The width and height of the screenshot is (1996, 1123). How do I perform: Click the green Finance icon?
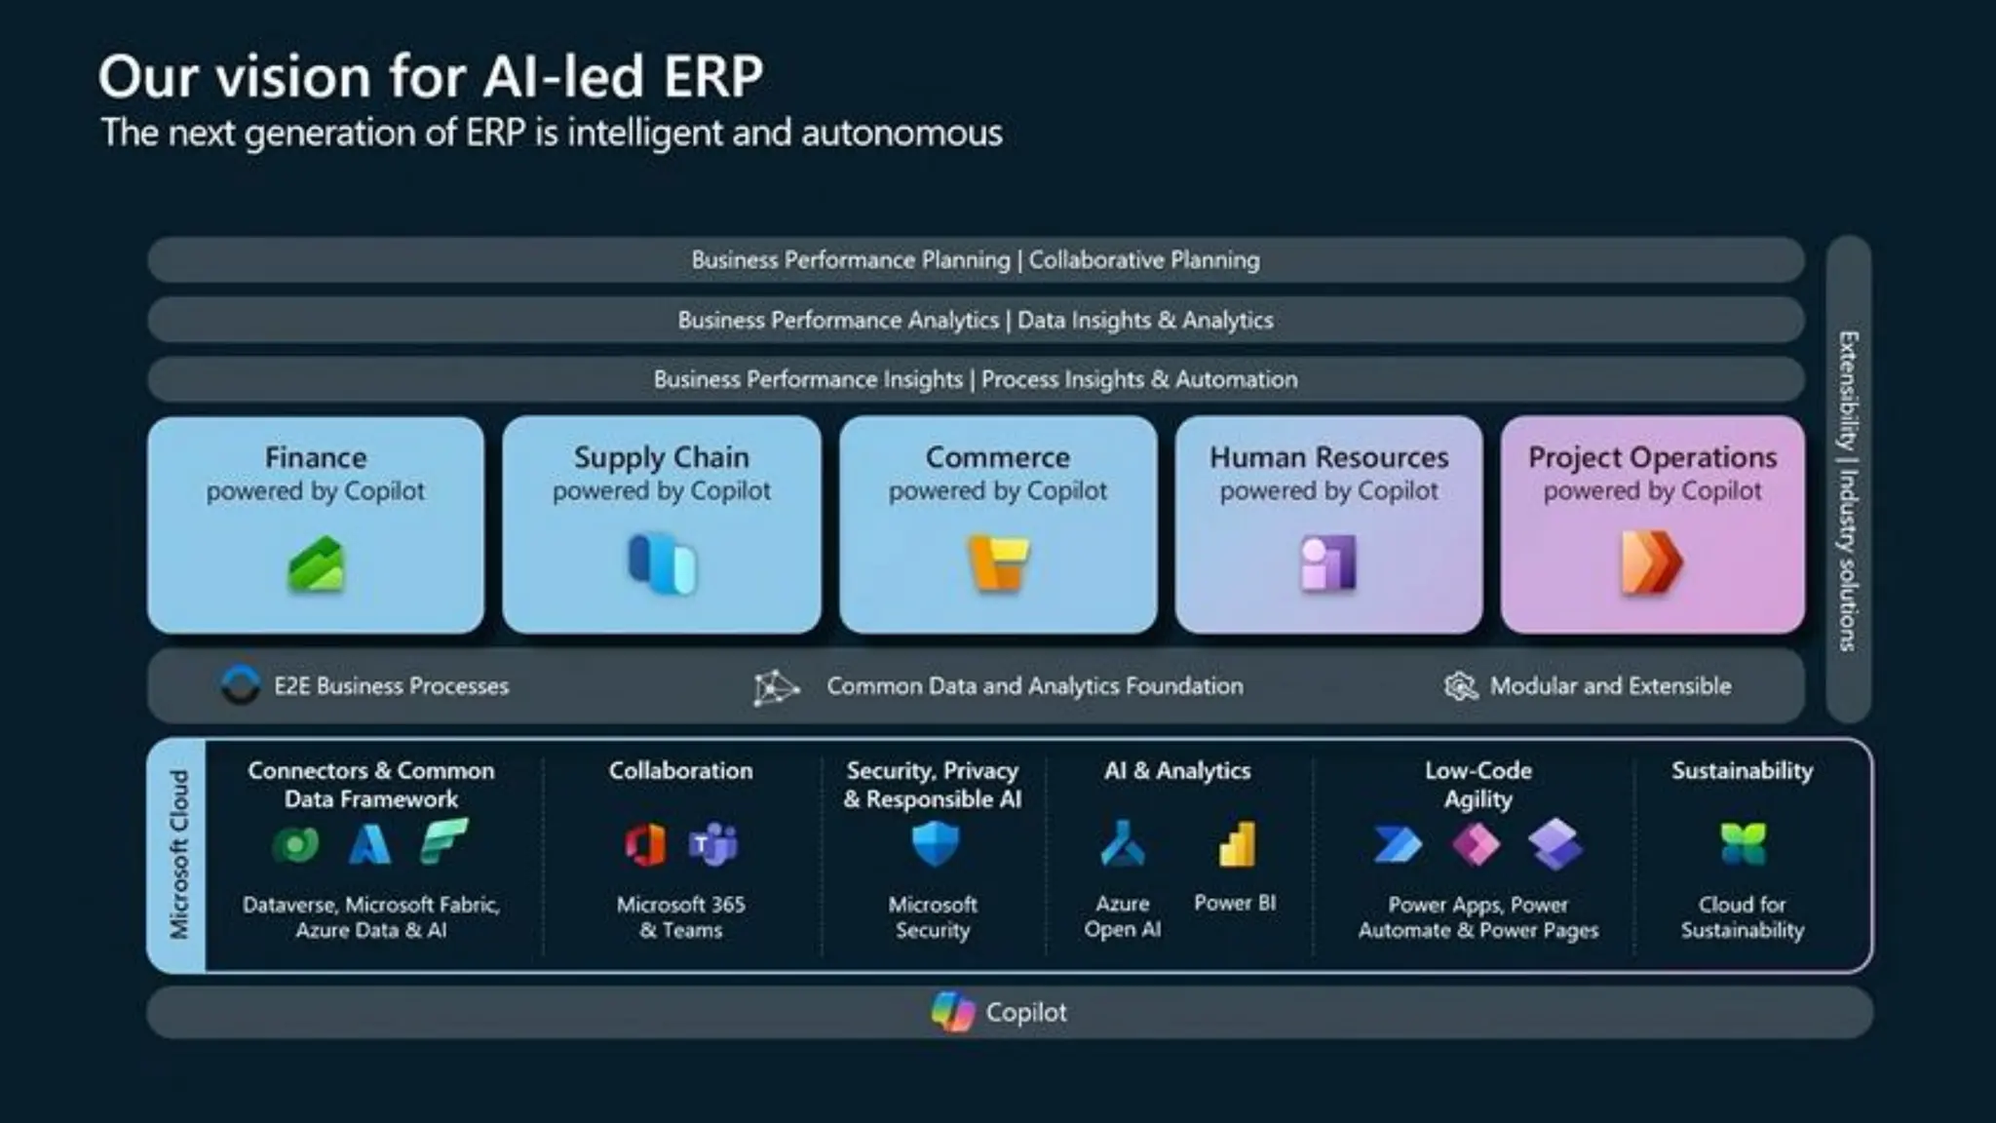click(316, 564)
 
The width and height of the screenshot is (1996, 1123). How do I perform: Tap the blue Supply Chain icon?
click(662, 563)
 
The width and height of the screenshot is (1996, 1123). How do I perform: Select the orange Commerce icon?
click(998, 562)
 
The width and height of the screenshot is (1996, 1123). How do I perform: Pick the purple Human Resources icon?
click(1328, 562)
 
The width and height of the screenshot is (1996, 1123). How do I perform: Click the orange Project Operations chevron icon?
click(1651, 562)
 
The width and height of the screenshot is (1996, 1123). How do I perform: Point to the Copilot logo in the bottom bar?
click(952, 1012)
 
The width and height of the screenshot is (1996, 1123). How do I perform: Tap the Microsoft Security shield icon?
click(935, 843)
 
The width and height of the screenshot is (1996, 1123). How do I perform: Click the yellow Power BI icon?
click(1237, 844)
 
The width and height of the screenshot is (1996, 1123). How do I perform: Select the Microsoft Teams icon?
click(713, 844)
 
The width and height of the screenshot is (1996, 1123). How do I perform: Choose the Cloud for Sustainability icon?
click(1743, 844)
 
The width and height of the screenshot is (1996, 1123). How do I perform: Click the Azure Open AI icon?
click(1123, 844)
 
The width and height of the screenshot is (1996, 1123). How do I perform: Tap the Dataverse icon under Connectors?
click(295, 844)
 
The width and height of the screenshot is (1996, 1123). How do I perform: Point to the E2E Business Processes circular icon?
click(241, 685)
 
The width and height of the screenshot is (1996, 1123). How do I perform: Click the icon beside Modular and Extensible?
click(1460, 686)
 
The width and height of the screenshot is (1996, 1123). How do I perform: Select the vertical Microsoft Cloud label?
click(178, 855)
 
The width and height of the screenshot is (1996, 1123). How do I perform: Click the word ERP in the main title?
click(712, 76)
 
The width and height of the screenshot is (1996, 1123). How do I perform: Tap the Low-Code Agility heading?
click(1478, 785)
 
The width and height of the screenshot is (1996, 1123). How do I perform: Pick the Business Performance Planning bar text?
click(976, 260)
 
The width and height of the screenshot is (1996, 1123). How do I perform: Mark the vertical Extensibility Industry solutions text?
click(1848, 490)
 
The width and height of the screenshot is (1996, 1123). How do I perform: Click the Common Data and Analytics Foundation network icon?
click(776, 687)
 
